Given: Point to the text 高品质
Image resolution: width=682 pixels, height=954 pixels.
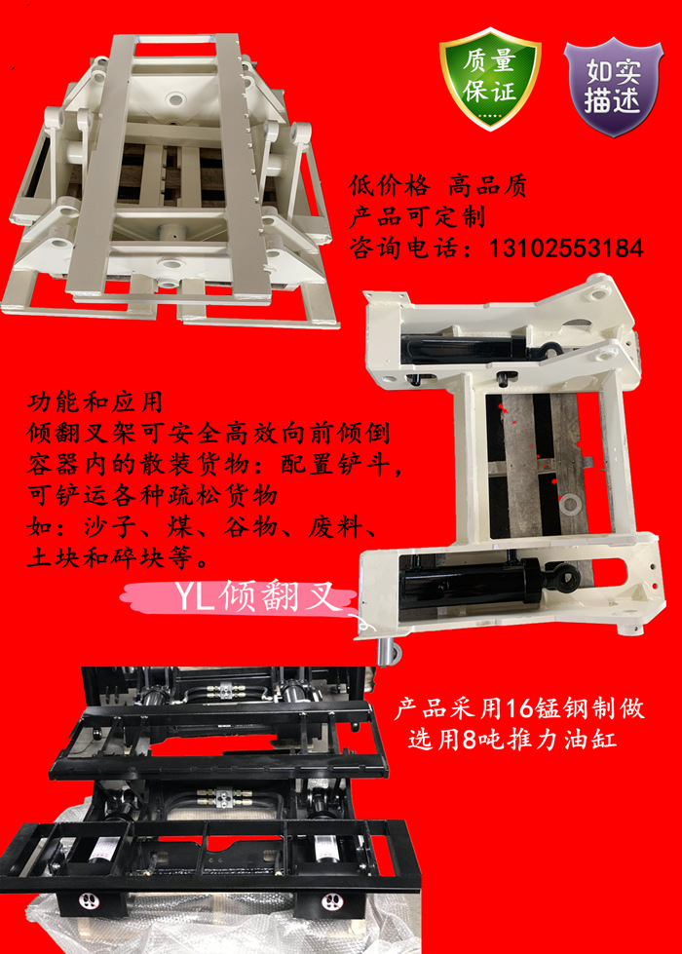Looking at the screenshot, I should click(487, 186).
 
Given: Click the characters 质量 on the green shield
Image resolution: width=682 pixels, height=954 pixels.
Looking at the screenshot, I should click(490, 63).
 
